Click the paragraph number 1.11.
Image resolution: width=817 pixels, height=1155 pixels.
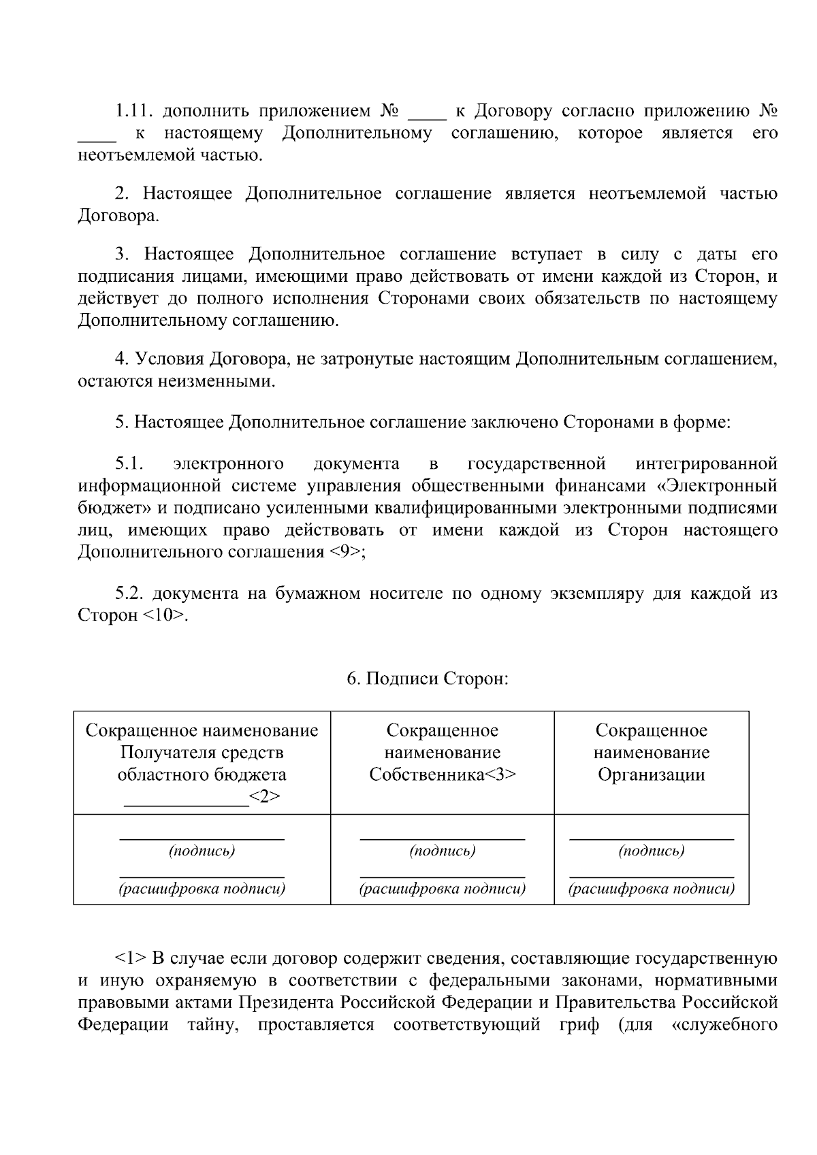[134, 111]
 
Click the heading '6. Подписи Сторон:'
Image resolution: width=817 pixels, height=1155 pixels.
[428, 679]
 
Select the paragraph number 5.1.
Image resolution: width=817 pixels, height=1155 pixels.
[128, 464]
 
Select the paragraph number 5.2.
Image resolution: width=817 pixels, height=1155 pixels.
[129, 593]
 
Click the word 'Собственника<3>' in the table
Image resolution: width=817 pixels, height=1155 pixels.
[443, 775]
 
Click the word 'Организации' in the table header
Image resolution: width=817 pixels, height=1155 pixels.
[651, 775]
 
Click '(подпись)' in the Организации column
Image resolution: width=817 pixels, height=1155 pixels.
[652, 851]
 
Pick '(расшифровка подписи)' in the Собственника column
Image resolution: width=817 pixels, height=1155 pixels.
[442, 888]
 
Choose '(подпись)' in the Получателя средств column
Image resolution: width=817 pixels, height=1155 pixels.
[202, 851]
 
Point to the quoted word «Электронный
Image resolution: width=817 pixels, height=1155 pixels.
[721, 486]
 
